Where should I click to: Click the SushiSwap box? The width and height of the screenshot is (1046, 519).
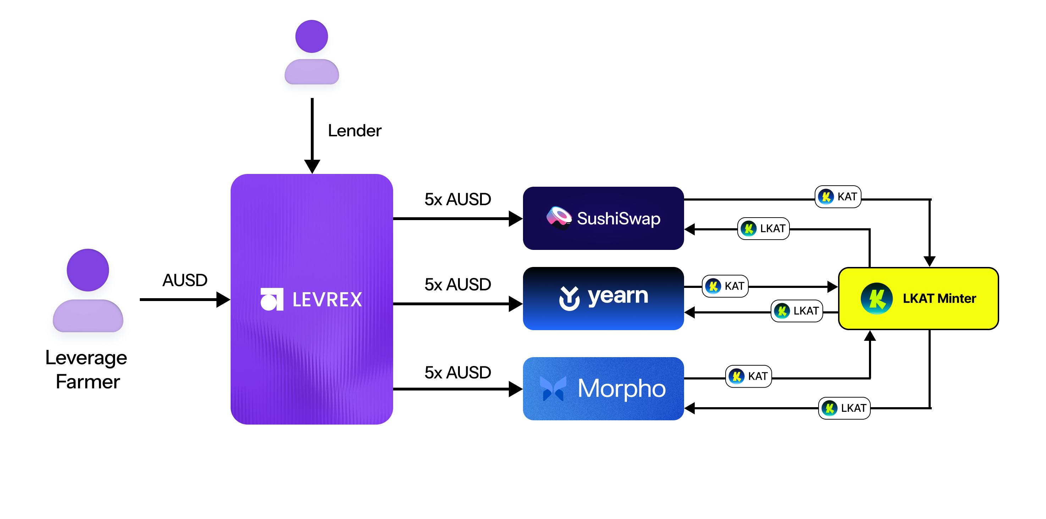tap(603, 218)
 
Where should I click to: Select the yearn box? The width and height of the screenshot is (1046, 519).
tap(603, 298)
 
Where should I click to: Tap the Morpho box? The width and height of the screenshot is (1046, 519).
tap(603, 388)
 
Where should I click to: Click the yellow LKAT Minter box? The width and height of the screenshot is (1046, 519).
tap(918, 298)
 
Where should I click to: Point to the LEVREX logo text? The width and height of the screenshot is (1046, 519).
tap(327, 300)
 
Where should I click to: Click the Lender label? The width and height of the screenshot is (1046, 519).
tap(354, 131)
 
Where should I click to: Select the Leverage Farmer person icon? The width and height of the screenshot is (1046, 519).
tap(88, 290)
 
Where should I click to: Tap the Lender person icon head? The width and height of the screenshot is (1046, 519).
tap(312, 37)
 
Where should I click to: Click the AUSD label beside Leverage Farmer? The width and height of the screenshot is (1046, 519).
tap(185, 280)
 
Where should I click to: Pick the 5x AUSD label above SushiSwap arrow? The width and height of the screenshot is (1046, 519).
tap(458, 200)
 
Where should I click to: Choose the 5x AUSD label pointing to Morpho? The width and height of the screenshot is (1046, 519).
tap(458, 372)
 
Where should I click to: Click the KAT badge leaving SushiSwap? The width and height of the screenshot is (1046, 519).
tap(838, 197)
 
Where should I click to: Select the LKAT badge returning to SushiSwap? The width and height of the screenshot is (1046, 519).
tap(763, 229)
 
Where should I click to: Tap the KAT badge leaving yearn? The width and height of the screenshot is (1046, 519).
tap(725, 286)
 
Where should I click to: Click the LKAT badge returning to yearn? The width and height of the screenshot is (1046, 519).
tap(796, 311)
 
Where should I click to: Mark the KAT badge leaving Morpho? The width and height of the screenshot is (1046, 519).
tap(748, 376)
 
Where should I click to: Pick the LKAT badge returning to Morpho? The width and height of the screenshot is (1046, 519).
tap(844, 408)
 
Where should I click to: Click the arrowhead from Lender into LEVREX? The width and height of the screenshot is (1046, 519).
tap(312, 166)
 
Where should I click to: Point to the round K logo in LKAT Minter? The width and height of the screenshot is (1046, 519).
tap(876, 299)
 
